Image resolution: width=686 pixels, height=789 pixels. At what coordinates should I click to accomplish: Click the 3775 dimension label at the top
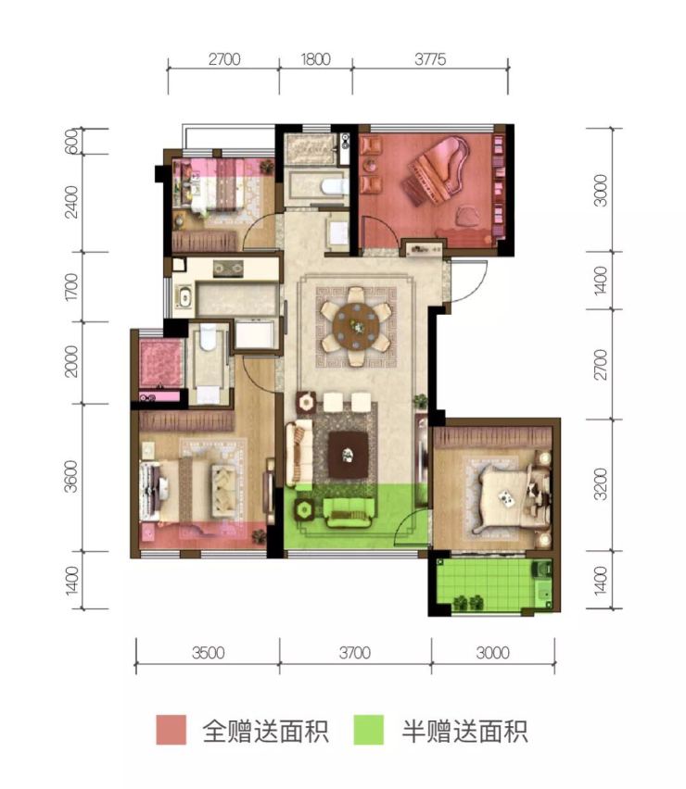(x=430, y=59)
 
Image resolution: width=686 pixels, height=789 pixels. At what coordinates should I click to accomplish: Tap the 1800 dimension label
(x=316, y=59)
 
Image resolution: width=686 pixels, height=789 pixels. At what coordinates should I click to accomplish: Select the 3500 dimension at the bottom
(x=208, y=653)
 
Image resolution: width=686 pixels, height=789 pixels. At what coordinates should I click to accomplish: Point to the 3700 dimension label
(x=355, y=653)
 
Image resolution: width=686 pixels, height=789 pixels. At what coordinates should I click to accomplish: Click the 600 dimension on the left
(x=71, y=141)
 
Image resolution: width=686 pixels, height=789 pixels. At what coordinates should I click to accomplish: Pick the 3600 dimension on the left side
(x=71, y=476)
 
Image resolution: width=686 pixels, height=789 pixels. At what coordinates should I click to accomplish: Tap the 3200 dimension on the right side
(x=601, y=484)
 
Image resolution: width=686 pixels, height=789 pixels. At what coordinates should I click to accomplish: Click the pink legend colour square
(x=171, y=730)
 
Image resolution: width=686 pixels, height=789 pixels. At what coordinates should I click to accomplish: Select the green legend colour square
(x=369, y=730)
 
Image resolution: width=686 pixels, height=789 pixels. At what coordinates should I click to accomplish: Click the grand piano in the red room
(x=438, y=170)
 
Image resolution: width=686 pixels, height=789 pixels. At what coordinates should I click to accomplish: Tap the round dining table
(x=356, y=326)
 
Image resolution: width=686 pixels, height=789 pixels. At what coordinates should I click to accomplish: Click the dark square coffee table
(x=348, y=455)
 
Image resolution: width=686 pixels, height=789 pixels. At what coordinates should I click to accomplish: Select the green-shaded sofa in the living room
(x=349, y=512)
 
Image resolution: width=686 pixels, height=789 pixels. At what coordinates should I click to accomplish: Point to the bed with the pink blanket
(x=218, y=184)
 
